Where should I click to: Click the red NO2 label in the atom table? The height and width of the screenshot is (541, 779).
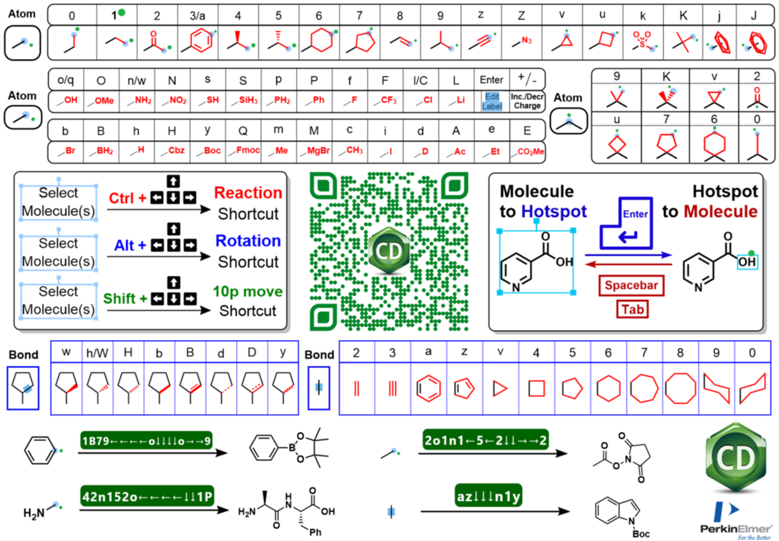pos(178,101)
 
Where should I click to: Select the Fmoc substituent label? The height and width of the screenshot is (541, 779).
pos(248,150)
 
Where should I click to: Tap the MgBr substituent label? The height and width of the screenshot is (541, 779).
pos(318,151)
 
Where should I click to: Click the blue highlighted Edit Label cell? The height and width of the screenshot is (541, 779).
pos(492,101)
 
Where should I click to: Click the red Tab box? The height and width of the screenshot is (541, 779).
pos(632,309)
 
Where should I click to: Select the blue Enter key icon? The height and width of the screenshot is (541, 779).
pos(626,223)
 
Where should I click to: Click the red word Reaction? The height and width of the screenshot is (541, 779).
pos(248,193)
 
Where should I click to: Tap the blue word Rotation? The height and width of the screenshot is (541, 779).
pos(248,241)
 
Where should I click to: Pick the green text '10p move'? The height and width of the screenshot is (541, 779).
pos(248,291)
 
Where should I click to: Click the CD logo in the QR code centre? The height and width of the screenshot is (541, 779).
pos(389,250)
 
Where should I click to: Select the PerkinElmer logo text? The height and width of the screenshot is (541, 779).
pos(735,529)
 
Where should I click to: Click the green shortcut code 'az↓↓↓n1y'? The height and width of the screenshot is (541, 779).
pos(488,496)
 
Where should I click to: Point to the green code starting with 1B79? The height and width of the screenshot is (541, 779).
pos(146,441)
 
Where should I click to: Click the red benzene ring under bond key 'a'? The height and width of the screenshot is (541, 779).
pos(428,388)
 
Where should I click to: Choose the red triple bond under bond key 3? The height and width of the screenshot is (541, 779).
pos(392,388)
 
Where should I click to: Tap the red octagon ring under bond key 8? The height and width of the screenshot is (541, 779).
pos(681,388)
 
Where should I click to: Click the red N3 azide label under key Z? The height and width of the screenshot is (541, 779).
pos(527,41)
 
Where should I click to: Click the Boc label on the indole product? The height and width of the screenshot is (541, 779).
pos(641,534)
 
